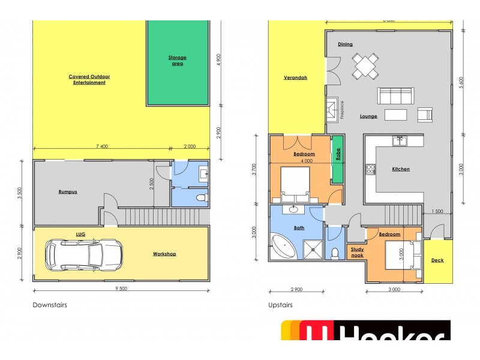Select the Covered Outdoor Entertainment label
[89, 79]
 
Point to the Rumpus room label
[67, 192]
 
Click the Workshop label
[164, 254]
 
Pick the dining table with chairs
[365, 65]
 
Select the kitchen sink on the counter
[400, 141]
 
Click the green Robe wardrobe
[337, 160]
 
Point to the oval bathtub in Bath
[285, 246]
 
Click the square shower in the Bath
[311, 247]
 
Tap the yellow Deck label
[437, 260]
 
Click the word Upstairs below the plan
[280, 305]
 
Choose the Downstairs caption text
[50, 305]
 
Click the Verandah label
[295, 78]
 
